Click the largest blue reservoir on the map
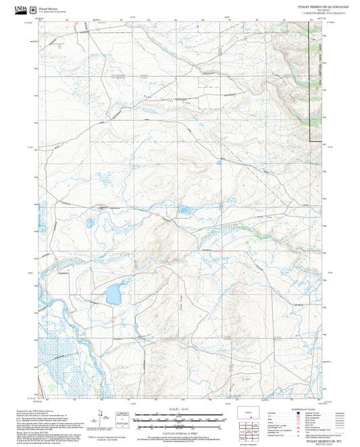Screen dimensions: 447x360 (113, 294)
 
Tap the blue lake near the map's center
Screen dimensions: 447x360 (183, 211)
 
